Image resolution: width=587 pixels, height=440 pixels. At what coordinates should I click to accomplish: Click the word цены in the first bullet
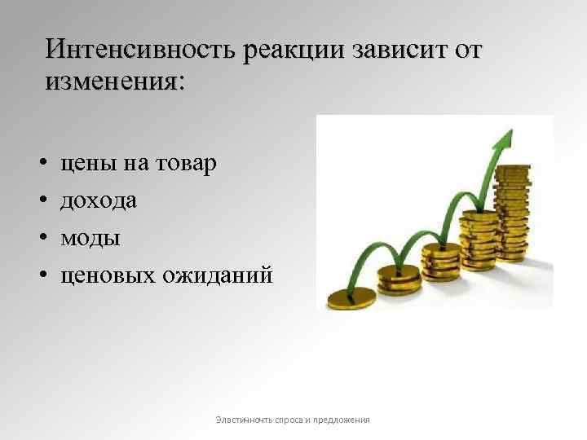tap(88, 164)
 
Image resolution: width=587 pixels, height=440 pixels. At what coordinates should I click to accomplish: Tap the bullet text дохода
tap(99, 200)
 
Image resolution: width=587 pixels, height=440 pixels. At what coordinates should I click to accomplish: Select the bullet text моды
tap(90, 238)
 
